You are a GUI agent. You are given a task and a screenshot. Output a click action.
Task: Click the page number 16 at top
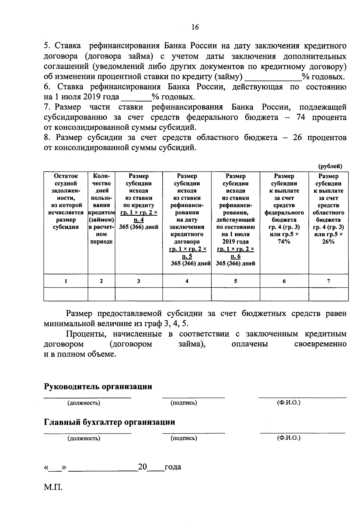coord(195,27)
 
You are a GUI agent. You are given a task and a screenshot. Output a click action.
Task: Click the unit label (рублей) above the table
coord(330,166)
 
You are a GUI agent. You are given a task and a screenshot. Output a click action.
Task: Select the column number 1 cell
coord(66,281)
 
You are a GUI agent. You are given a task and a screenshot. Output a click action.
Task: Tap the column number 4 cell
coord(187,281)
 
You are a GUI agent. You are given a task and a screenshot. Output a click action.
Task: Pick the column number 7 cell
coord(328,281)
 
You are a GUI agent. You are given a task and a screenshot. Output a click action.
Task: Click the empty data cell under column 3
coord(139,294)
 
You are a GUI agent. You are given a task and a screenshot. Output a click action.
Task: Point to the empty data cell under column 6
coord(284,294)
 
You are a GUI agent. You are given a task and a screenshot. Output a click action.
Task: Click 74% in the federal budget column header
coord(284,241)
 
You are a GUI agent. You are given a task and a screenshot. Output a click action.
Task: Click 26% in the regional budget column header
coord(328,241)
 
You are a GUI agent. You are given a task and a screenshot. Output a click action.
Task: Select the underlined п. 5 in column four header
coord(187,256)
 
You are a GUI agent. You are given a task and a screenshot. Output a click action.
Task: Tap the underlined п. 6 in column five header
coord(235,256)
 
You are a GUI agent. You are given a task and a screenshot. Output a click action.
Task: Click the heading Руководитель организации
coord(98,386)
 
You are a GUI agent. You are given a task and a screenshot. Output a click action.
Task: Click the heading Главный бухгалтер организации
coord(109,422)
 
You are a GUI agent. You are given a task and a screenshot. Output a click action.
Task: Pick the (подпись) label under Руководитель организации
coord(184,403)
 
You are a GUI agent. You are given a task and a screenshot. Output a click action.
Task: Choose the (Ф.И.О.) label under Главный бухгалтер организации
coord(289,438)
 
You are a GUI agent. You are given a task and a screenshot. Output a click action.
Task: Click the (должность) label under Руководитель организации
coord(84,403)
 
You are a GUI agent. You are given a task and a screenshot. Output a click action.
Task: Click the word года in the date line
coord(173,467)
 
